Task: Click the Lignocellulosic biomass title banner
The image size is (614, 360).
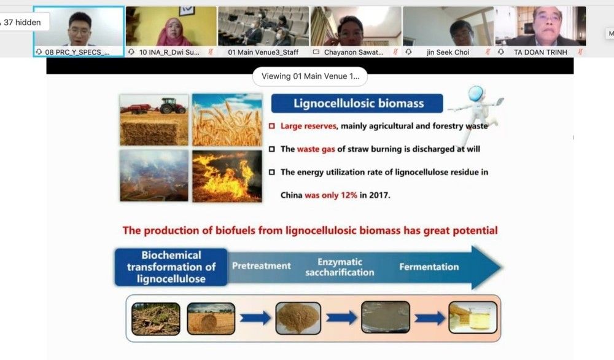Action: (357, 103)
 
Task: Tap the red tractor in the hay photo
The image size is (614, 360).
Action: (173, 106)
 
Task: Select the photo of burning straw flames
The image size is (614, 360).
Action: (227, 176)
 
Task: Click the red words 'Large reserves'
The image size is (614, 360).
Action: (308, 126)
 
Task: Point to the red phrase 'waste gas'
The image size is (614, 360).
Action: (316, 149)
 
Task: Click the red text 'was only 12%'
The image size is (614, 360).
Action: (331, 195)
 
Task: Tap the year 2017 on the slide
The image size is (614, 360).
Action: (379, 195)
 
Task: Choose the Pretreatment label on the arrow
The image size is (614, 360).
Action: (261, 266)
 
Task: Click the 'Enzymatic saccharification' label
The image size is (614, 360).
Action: (340, 267)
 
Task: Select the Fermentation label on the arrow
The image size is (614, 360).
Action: (429, 267)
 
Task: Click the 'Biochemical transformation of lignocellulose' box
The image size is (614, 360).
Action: (171, 267)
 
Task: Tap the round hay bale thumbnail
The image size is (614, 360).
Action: (211, 318)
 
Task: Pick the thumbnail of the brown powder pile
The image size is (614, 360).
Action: (298, 318)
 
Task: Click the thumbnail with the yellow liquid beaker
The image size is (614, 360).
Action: (473, 317)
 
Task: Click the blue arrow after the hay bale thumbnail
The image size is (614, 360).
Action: (255, 318)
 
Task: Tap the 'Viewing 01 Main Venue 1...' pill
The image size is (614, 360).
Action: (310, 76)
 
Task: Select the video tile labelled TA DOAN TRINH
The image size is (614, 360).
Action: (540, 31)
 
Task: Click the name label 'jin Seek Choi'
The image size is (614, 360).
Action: (448, 52)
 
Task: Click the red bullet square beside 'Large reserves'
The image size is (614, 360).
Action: (272, 126)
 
